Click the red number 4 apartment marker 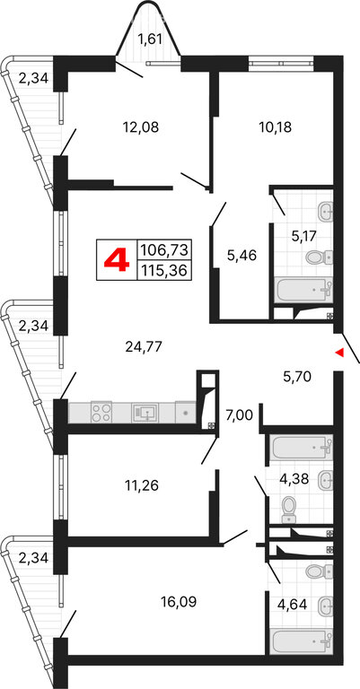tap(117, 259)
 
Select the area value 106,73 tap(163, 250)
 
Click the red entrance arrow tap(338, 352)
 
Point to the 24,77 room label tap(144, 347)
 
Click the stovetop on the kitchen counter tap(101, 413)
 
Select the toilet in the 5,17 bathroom tap(319, 257)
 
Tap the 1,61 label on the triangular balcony tap(150, 40)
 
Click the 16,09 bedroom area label tap(178, 602)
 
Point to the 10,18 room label tap(276, 127)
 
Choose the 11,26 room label tap(140, 485)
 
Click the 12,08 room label tap(140, 127)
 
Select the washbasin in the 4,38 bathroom tap(324, 477)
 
